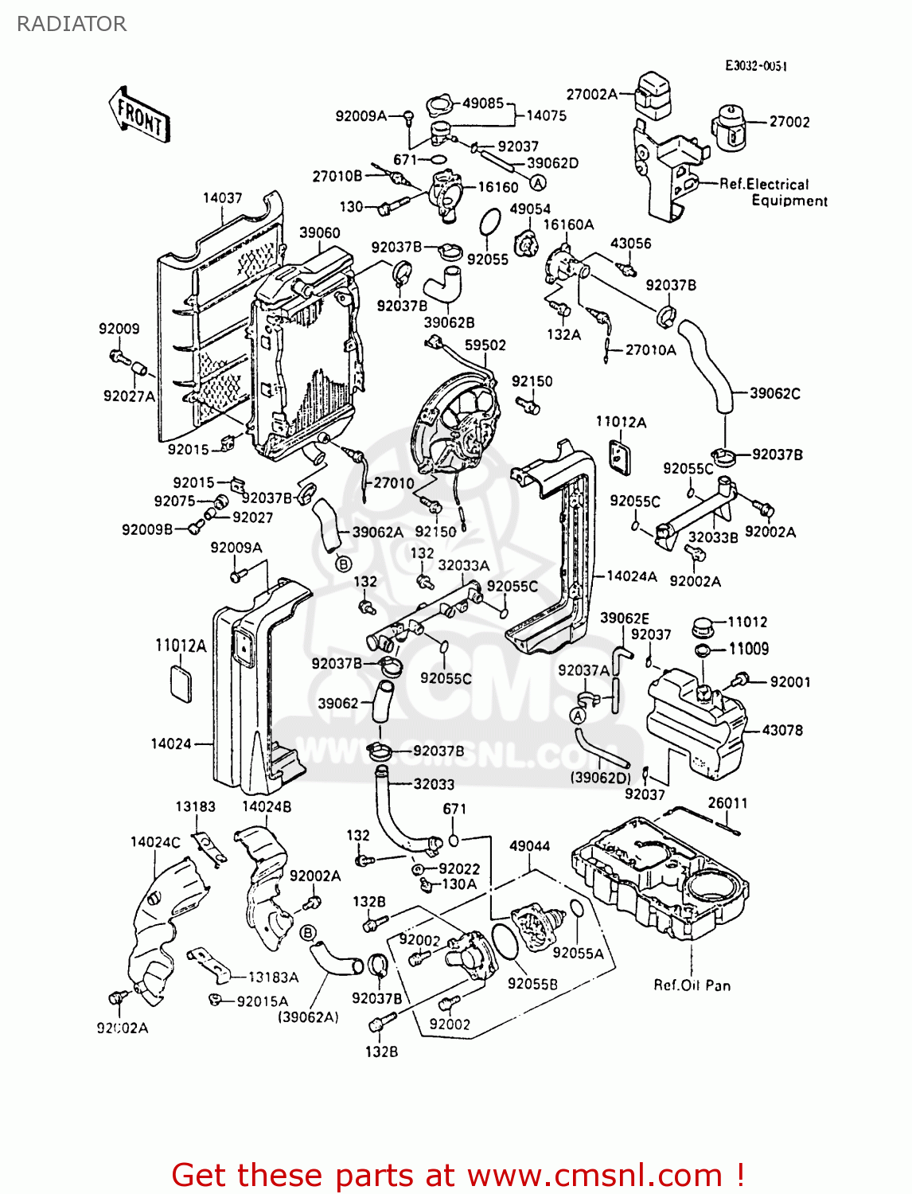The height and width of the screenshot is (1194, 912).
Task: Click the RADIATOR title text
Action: [72, 24]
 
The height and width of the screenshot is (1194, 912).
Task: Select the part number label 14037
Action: [222, 197]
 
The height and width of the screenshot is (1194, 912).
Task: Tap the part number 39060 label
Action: [319, 232]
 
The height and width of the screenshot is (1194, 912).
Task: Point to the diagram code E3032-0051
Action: [755, 66]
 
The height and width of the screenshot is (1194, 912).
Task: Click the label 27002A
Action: [591, 95]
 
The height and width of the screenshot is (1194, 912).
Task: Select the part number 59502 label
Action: [485, 345]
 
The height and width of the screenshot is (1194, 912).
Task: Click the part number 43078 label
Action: [782, 730]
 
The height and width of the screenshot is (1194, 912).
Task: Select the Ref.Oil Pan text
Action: [692, 985]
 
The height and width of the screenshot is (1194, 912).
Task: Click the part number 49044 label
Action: [530, 845]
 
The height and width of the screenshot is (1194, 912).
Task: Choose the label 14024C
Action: [155, 841]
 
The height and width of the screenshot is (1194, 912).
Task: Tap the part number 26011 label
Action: [727, 802]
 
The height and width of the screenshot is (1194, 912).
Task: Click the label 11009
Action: [749, 649]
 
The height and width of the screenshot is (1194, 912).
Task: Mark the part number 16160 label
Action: [498, 187]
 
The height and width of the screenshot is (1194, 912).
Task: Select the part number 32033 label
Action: [434, 784]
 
